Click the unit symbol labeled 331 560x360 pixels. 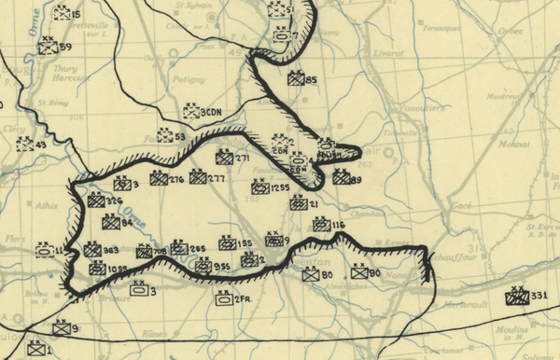(x=515, y=298)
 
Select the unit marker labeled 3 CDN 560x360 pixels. (x=192, y=112)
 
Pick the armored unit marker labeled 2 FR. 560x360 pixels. (x=223, y=298)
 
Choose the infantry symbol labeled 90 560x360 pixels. (x=360, y=274)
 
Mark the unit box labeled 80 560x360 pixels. (x=311, y=274)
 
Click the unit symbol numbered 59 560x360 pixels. (x=48, y=47)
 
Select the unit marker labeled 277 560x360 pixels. (x=198, y=177)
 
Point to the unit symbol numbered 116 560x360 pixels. (x=321, y=225)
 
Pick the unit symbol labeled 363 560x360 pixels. (x=92, y=250)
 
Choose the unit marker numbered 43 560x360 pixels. (x=25, y=145)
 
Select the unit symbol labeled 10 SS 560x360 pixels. (x=97, y=269)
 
